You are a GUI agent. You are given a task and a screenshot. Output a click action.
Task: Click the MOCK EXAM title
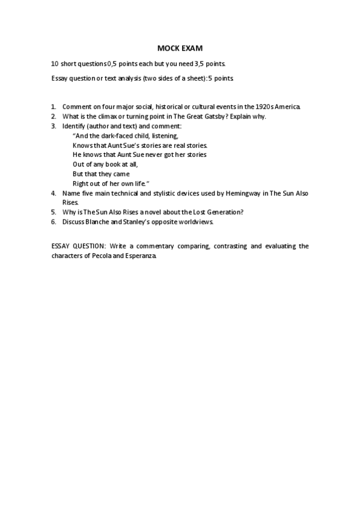(x=180, y=48)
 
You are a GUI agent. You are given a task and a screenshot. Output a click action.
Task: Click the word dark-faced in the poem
(x=115, y=136)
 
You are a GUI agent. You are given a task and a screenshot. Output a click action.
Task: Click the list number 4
(x=53, y=193)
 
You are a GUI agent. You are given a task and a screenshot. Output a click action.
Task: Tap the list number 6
(x=53, y=221)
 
